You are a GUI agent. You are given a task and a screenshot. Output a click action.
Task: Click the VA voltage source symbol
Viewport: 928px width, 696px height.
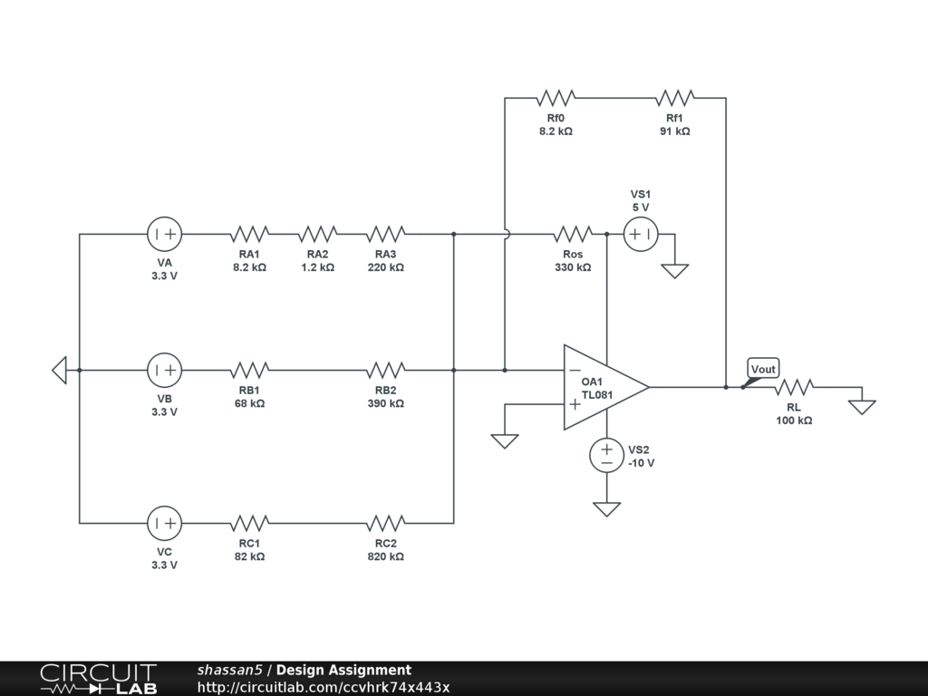coord(165,235)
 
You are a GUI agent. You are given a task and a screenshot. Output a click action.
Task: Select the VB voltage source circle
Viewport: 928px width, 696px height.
coord(165,370)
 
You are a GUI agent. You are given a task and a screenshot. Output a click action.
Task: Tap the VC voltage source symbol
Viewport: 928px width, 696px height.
coord(165,523)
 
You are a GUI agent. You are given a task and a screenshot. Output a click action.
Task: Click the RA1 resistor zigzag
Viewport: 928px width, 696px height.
coord(250,235)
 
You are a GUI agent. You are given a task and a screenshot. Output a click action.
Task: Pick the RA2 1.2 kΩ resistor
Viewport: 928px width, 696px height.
coord(317,235)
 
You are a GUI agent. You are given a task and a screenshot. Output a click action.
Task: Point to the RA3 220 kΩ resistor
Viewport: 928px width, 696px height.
coord(385,235)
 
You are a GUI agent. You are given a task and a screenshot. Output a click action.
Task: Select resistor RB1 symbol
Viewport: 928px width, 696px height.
coord(250,370)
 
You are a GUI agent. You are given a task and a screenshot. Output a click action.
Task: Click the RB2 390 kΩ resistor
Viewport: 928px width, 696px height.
coord(385,370)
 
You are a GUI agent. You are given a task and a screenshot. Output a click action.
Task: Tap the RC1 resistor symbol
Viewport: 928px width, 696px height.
coord(250,523)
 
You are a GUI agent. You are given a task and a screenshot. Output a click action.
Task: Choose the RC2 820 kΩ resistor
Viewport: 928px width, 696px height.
coord(385,523)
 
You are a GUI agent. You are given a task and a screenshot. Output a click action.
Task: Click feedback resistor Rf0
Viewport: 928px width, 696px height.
coord(556,97)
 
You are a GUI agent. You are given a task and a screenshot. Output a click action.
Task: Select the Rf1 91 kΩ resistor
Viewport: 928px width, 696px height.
coord(675,97)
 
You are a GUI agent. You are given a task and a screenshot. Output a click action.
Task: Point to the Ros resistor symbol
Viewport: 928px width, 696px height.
coord(573,235)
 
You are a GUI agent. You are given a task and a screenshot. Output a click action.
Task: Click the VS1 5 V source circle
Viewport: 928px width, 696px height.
coord(641,235)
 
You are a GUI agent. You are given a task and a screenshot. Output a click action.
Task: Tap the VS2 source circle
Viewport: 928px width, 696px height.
coord(607,455)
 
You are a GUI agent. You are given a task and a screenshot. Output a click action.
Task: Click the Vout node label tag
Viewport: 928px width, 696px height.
coord(763,369)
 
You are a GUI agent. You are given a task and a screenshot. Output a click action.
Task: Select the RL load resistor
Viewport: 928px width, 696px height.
coord(794,387)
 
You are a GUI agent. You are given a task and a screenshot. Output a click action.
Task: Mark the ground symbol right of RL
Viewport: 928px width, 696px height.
coord(862,407)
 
